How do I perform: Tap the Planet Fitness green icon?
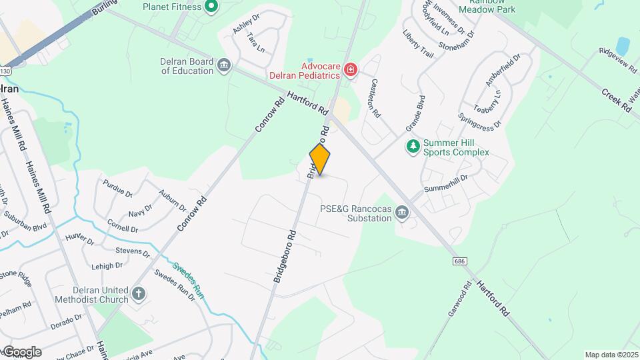[x=212, y=7]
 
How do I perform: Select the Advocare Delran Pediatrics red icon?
[x=350, y=69]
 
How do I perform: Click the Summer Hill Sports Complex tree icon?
[x=413, y=146]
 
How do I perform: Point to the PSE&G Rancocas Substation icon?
[x=402, y=213]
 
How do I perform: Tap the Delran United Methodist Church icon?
[x=138, y=293]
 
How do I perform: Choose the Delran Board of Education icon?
[x=225, y=65]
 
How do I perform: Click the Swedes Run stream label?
[x=189, y=279]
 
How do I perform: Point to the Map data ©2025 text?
[x=611, y=355]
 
